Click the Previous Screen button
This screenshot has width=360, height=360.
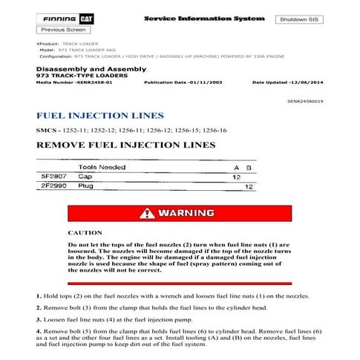(59, 30)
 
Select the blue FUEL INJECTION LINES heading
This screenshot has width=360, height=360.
(100, 116)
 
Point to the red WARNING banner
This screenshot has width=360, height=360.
(180, 214)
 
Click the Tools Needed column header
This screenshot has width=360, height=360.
(102, 168)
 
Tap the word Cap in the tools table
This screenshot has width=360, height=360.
(85, 177)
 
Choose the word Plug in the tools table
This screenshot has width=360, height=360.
(85, 187)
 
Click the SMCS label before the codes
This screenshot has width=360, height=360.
(48, 129)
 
